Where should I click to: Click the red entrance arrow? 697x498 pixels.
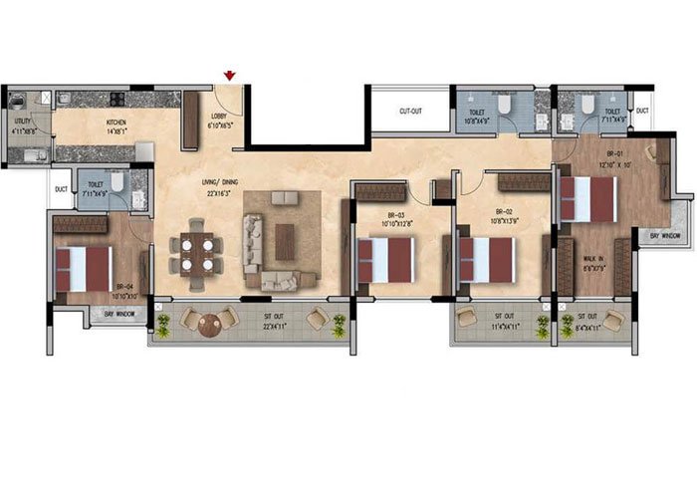(231, 75)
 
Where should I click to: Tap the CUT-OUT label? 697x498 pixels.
(412, 111)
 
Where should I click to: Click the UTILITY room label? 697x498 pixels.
(21, 125)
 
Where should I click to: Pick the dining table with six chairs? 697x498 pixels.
(194, 253)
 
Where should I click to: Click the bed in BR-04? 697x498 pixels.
(84, 268)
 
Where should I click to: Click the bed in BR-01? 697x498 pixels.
(588, 198)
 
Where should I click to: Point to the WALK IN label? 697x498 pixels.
(596, 263)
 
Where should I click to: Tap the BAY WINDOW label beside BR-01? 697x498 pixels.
(666, 236)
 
